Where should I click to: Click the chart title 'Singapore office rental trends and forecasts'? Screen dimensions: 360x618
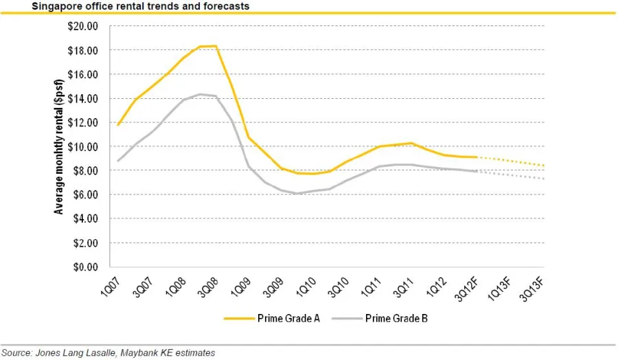[130, 6]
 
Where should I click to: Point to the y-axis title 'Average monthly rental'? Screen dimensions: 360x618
[60, 146]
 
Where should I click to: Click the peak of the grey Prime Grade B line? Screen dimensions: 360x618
[201, 94]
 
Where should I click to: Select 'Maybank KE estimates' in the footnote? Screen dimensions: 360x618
[168, 353]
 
